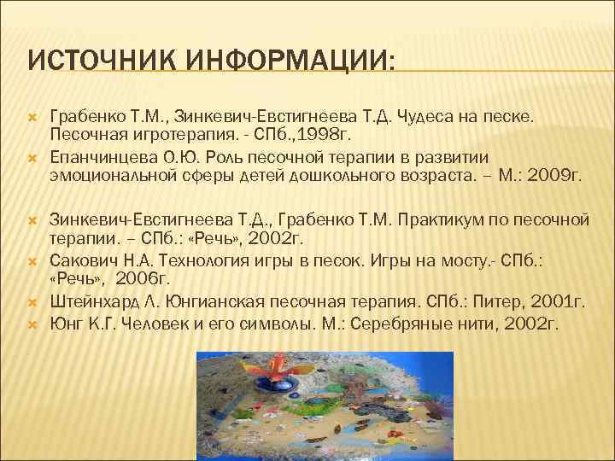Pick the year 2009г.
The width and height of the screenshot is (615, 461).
coord(554,177)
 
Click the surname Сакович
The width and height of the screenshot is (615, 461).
coord(79,260)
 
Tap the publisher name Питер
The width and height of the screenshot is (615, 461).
coord(482,301)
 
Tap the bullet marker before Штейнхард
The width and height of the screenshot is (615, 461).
coord(30,303)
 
